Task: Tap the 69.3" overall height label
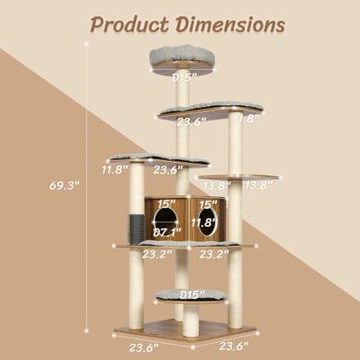pyautogui.click(x=65, y=186)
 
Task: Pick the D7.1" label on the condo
pyautogui.click(x=164, y=233)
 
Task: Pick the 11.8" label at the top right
pyautogui.click(x=247, y=118)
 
